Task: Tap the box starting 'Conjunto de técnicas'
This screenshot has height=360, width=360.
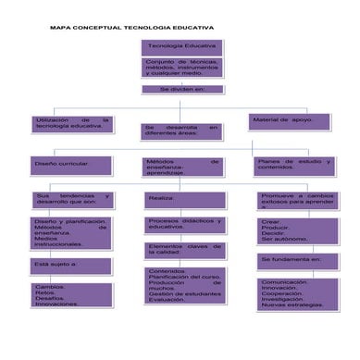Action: (182, 68)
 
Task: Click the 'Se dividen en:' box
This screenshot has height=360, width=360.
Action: (182, 90)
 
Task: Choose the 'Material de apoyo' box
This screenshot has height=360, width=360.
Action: (288, 121)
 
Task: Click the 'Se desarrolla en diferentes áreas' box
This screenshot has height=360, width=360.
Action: (182, 131)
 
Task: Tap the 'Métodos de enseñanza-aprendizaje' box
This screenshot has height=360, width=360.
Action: (182, 167)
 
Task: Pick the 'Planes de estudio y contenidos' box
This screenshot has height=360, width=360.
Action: (293, 165)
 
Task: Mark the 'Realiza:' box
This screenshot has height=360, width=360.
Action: (183, 199)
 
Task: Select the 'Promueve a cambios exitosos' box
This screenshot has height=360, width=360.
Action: (298, 200)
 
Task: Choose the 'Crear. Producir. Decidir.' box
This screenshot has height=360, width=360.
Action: (298, 230)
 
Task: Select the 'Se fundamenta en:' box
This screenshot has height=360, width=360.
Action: (298, 261)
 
